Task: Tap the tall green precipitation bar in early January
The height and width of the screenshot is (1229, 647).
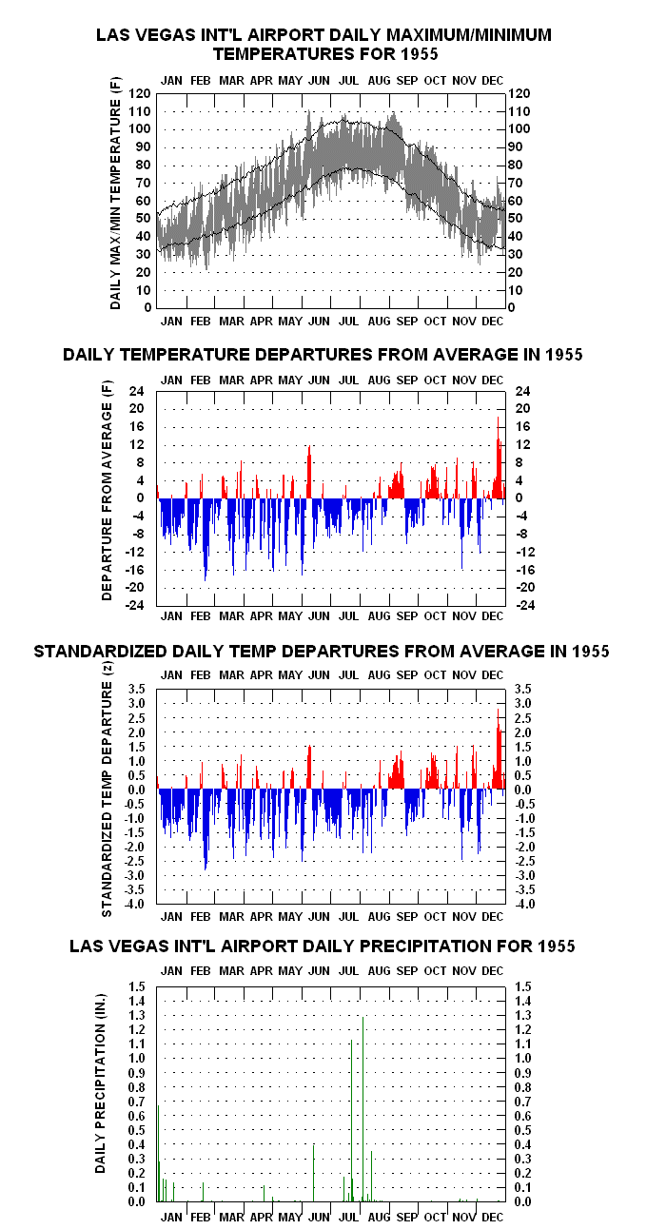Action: [158, 1153]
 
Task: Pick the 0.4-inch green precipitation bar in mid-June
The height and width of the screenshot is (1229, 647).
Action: [313, 1173]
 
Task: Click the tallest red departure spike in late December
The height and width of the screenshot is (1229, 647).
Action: [499, 457]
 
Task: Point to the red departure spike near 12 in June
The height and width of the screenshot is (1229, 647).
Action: [309, 472]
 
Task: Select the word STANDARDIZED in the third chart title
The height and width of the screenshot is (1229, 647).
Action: [100, 652]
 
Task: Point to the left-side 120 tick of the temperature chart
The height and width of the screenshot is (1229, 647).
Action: [139, 93]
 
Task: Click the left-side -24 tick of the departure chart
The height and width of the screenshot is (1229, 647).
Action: [135, 605]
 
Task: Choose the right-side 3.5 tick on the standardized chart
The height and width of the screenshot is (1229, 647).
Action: [523, 689]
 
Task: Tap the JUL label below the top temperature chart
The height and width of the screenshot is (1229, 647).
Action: [348, 322]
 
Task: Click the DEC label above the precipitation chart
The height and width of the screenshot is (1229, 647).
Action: [492, 971]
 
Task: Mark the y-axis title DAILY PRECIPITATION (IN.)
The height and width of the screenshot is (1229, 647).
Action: [100, 1083]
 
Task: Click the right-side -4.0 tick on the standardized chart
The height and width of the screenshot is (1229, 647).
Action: [524, 904]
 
